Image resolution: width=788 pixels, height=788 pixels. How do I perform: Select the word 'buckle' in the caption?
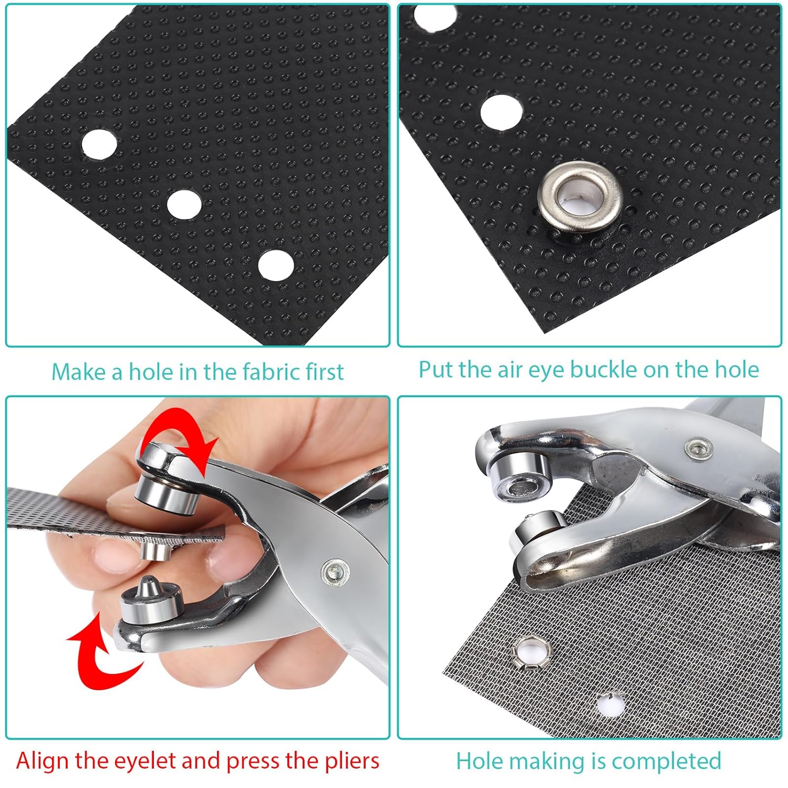coord(604,369)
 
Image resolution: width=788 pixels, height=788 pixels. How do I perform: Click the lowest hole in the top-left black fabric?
coord(276,265)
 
